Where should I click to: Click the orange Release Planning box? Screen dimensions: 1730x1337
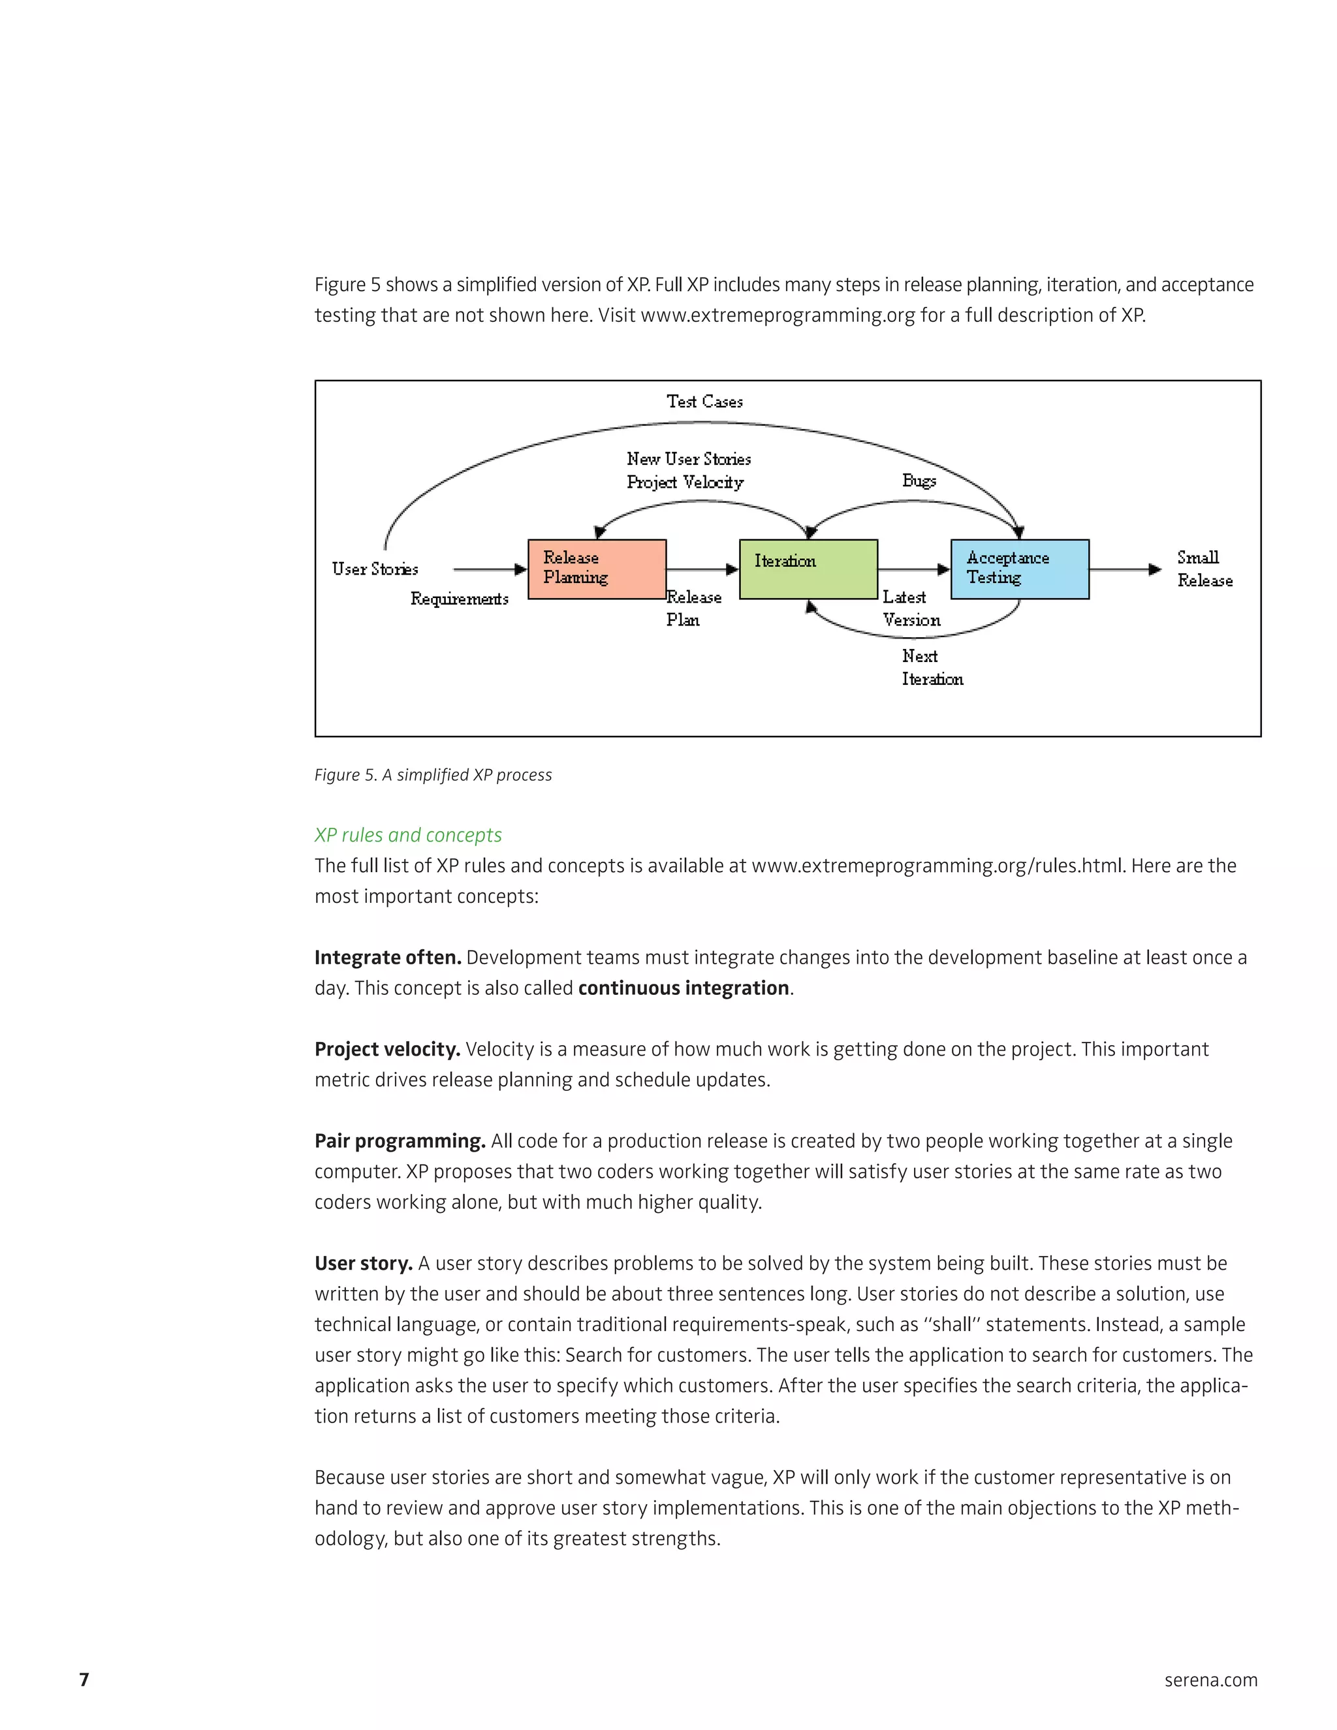[x=597, y=569]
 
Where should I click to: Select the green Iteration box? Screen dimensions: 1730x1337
[x=808, y=569]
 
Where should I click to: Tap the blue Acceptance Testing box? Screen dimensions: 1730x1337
[x=1019, y=569]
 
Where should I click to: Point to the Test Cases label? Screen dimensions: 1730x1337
[x=704, y=401]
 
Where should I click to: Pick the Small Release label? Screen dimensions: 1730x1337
[x=1204, y=569]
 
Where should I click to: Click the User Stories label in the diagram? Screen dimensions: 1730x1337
[x=375, y=569]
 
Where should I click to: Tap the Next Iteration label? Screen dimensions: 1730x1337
[x=932, y=667]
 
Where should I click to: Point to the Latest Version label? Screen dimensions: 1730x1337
[x=911, y=608]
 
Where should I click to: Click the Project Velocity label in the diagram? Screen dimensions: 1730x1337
[x=685, y=482]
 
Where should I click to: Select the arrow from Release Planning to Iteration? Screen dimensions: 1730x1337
[x=702, y=569]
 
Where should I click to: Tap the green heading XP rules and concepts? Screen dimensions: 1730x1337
[x=408, y=835]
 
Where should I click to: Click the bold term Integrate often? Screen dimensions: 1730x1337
[x=387, y=958]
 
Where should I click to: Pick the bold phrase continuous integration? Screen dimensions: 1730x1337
[x=684, y=988]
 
